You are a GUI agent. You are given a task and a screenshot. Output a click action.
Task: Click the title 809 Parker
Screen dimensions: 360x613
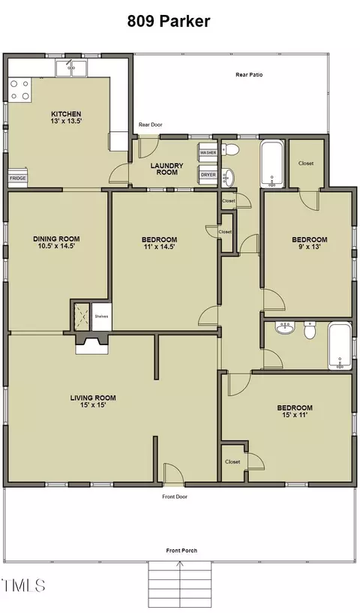click(169, 21)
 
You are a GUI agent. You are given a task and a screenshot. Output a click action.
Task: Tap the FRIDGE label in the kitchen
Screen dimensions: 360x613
click(18, 179)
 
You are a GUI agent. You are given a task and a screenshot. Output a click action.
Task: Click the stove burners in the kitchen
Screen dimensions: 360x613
click(20, 89)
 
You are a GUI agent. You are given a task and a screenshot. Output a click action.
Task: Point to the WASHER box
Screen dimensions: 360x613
click(208, 152)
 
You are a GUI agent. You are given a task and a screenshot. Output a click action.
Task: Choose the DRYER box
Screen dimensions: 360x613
click(208, 174)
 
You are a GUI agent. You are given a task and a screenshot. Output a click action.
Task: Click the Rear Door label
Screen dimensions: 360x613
click(151, 125)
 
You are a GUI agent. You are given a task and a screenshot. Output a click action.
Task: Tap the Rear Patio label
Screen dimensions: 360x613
click(249, 74)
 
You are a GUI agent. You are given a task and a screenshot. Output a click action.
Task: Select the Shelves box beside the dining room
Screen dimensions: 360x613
click(102, 317)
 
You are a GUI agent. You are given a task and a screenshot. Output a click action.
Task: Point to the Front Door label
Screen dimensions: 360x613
click(175, 497)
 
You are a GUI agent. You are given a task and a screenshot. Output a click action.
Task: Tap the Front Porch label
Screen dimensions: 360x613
click(181, 551)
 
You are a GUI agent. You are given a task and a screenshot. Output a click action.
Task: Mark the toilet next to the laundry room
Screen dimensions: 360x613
click(230, 149)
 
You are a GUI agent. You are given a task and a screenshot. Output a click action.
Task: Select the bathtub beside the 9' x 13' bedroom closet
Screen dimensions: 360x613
click(272, 164)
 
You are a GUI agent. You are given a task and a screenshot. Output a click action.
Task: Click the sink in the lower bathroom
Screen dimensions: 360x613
click(285, 328)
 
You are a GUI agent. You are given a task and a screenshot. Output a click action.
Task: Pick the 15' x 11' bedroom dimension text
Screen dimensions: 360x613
click(294, 415)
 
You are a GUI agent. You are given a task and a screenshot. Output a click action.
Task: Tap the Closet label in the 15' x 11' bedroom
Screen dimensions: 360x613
click(232, 461)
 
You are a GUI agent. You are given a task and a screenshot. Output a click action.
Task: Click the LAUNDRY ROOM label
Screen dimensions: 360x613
click(167, 169)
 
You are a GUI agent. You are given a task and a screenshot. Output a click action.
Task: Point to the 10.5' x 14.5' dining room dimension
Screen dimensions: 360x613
click(56, 246)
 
